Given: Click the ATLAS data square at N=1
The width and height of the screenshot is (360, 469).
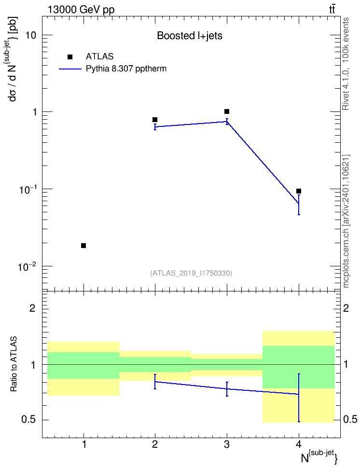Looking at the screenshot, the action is [83, 246].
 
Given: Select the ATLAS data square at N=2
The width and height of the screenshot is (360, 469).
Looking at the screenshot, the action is [155, 120].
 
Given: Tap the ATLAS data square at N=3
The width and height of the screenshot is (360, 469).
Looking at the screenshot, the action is [227, 111].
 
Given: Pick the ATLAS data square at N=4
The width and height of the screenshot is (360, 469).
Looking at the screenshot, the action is [298, 191].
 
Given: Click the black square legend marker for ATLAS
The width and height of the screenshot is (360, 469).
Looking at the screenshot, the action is [70, 57].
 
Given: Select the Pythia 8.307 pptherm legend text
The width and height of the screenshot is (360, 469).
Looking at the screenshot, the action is [126, 69].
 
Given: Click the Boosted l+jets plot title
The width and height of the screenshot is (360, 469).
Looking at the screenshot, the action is [190, 36].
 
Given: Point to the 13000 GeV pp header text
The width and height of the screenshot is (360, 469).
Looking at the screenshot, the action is [81, 10].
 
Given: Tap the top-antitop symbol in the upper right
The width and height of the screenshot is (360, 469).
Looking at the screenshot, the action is [332, 9].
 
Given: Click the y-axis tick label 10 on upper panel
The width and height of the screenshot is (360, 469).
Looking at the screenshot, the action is [30, 35].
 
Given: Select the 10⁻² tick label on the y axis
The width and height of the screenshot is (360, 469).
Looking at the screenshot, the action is [28, 266].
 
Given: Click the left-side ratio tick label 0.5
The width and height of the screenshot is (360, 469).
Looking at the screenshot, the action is [28, 420].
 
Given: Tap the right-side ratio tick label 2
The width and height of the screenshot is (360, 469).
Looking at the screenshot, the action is [346, 308].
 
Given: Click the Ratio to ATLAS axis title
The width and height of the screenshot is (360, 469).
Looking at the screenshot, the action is [14, 364].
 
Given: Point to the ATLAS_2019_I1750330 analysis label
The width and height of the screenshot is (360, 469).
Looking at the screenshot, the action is [191, 273].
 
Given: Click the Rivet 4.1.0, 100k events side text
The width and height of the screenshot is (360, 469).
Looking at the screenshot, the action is [346, 64].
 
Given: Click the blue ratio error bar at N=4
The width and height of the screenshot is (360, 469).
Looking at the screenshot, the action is [299, 398].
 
